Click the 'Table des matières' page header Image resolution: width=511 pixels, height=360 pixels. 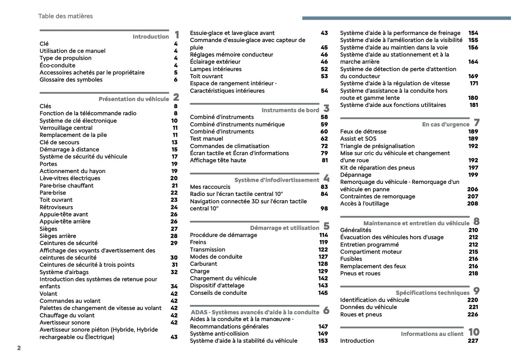[65, 16]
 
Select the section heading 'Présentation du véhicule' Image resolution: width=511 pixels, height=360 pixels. [134, 99]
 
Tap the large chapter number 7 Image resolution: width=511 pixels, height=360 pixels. [477, 123]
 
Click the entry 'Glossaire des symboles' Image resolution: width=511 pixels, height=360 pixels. [71, 80]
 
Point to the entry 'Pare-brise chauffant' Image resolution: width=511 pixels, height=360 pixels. [66, 185]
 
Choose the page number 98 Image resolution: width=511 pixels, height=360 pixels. [324, 208]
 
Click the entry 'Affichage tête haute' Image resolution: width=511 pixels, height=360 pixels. [218, 160]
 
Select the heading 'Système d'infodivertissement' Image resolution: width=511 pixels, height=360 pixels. [277, 180]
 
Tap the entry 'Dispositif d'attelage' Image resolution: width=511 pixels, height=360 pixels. [217, 285]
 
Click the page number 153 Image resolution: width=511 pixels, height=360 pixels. [323, 341]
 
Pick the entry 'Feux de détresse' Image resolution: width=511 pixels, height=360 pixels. [363, 132]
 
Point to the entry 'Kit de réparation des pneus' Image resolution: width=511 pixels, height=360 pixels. [377, 168]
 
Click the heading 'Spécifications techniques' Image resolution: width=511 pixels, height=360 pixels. [432, 293]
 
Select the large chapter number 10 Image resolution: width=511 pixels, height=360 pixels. [474, 332]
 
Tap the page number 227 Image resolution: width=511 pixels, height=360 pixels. [473, 341]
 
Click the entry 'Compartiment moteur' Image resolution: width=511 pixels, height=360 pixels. [371, 252]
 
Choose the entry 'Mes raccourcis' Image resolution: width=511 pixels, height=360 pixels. [210, 187]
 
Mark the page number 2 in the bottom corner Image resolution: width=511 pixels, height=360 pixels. [19, 348]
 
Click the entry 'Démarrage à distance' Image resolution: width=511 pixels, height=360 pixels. [69, 149]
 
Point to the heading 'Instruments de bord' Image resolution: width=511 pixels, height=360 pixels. [290, 110]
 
